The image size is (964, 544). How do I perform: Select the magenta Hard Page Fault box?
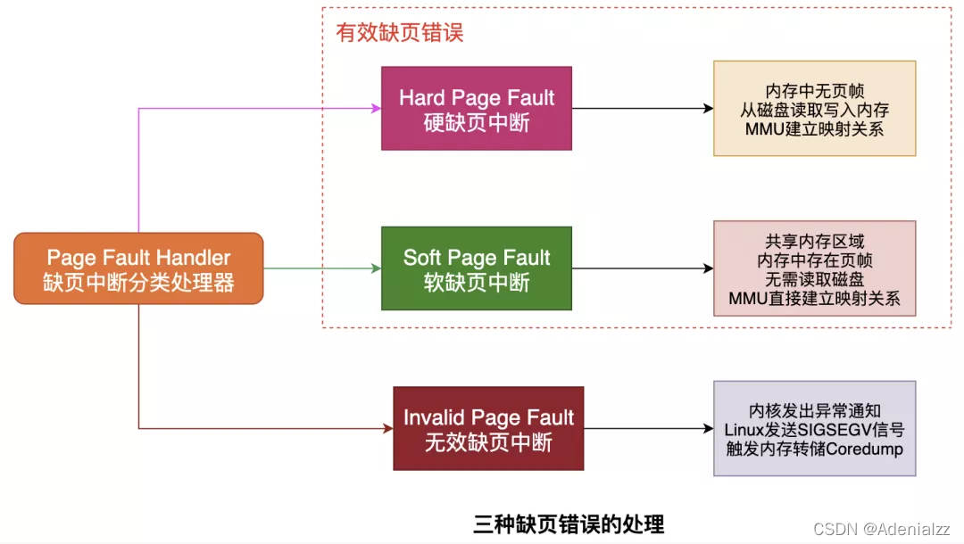[x=477, y=109]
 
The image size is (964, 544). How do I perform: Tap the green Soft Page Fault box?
[x=477, y=268]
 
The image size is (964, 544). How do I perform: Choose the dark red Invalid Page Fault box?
[x=488, y=428]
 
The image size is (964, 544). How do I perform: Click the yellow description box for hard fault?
[x=814, y=109]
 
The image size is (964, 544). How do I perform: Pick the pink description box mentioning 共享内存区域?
[x=814, y=268]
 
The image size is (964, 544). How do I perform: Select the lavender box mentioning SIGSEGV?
[x=814, y=428]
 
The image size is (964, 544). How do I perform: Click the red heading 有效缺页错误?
[x=399, y=33]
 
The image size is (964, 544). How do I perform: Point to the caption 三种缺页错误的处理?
[x=569, y=523]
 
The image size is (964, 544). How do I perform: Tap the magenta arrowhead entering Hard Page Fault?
[x=376, y=109]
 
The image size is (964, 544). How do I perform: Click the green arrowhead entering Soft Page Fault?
[x=376, y=268]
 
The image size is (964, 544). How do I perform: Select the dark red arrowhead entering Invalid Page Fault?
[x=388, y=428]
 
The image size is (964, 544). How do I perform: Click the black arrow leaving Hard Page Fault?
[x=643, y=109]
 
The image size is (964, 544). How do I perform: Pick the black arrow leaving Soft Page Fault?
[x=643, y=268]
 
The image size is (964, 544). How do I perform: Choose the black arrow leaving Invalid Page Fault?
[x=649, y=428]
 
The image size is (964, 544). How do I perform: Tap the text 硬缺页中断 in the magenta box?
[x=477, y=122]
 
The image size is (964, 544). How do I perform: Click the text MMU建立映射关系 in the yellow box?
[x=814, y=129]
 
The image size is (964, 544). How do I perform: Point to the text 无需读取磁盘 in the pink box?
[x=814, y=279]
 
